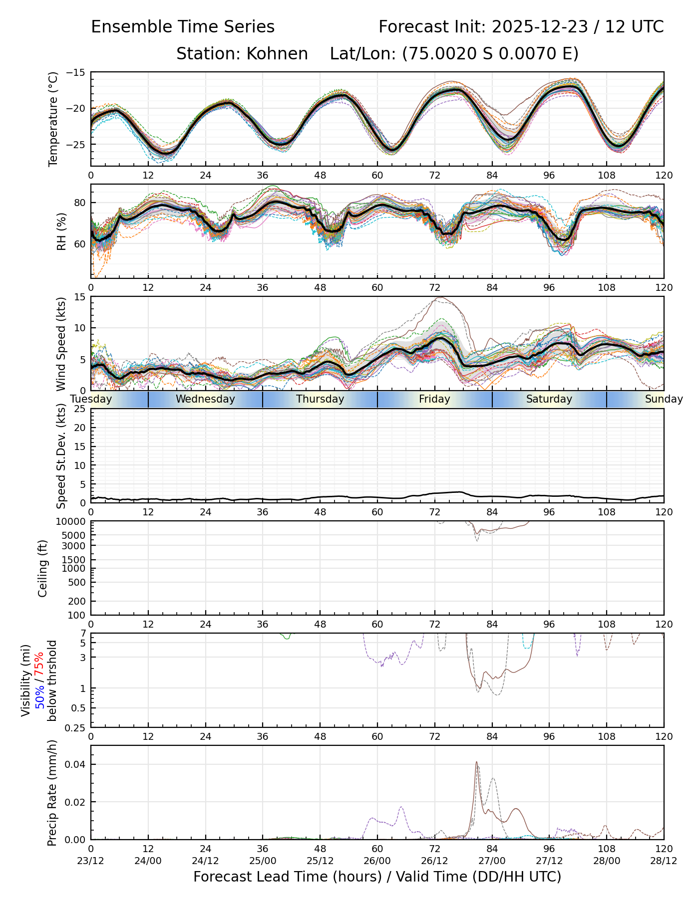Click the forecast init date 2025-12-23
point(540,27)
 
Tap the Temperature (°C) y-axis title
point(53,119)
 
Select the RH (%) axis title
point(61,231)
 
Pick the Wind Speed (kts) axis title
point(61,344)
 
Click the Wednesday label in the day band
point(205,399)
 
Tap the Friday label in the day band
point(434,399)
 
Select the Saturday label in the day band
point(549,399)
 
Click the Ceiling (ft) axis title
point(43,568)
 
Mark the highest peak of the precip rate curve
point(476,762)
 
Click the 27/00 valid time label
point(492,861)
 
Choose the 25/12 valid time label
point(320,861)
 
